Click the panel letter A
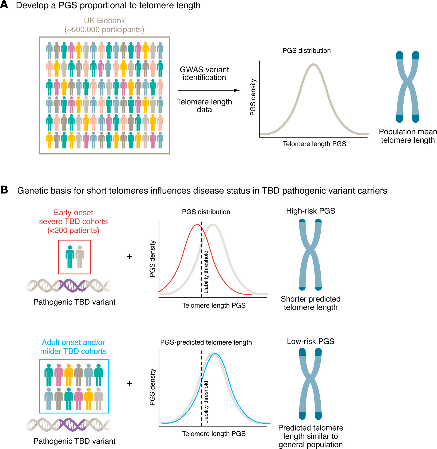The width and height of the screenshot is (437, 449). click(4, 5)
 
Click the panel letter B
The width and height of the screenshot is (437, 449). click(4, 190)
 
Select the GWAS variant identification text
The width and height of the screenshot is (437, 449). click(204, 73)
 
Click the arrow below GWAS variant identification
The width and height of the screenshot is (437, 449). click(209, 90)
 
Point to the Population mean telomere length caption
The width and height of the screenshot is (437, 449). click(408, 136)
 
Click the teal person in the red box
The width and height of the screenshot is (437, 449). click(70, 257)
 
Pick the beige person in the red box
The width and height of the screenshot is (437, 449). click(80, 257)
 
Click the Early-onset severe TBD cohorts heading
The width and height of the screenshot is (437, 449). click(73, 221)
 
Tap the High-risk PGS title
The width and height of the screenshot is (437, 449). click(310, 211)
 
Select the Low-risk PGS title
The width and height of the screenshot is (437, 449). click(310, 341)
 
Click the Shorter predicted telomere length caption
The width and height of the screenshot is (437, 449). click(310, 303)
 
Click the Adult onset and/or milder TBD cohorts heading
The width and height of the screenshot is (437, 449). click(73, 347)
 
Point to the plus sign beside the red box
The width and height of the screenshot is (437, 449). click(129, 256)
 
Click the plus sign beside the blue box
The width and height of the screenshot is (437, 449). click(129, 383)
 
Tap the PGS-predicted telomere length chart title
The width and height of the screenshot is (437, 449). click(206, 342)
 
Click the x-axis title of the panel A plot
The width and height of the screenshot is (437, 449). click(314, 144)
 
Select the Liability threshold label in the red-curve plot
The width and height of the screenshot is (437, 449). click(206, 272)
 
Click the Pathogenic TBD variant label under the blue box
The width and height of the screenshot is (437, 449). click(74, 441)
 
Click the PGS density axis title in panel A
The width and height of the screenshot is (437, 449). click(253, 97)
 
